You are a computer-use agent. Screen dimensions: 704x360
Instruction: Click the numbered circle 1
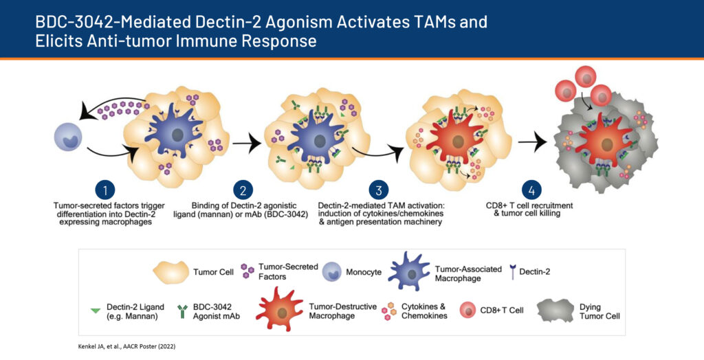[105, 190]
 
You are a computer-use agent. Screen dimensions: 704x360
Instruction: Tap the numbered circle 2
[243, 190]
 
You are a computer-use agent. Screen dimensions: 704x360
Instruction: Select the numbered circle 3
[379, 190]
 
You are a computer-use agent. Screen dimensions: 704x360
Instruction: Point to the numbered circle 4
[531, 190]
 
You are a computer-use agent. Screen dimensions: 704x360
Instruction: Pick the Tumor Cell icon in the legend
[171, 271]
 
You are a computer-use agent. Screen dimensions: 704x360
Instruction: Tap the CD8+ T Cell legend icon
[468, 310]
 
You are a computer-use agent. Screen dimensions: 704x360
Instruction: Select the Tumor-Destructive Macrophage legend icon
[280, 310]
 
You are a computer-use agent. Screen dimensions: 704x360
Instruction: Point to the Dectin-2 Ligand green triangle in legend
[95, 310]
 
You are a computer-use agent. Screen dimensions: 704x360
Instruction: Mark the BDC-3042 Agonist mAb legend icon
[183, 311]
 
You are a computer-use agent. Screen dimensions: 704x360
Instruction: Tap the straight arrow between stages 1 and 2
[247, 144]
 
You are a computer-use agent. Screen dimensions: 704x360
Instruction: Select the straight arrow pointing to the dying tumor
[533, 143]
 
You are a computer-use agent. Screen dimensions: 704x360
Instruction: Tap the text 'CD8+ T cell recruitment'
[530, 205]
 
